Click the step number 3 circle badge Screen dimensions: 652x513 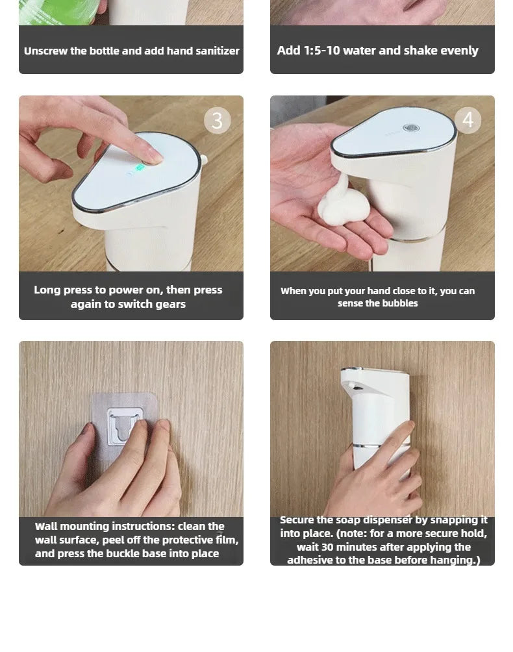217,121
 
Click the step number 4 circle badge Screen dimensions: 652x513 468,120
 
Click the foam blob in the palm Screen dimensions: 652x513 342,203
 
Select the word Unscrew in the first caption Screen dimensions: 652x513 45,51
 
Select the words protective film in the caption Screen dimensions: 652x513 201,540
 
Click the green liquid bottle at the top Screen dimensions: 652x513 58,10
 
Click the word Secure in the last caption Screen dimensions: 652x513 297,520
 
